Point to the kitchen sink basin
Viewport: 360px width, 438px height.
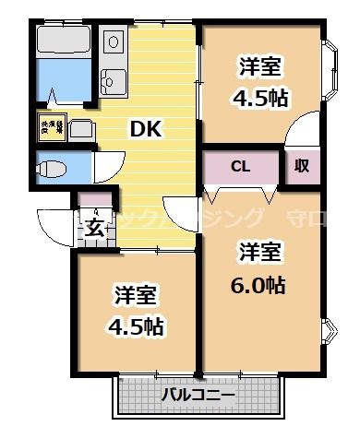point(114,81)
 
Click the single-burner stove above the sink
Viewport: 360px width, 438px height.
point(114,41)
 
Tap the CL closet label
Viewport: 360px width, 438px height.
point(240,167)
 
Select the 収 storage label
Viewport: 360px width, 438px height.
point(302,166)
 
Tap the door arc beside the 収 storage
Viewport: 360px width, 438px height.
point(299,135)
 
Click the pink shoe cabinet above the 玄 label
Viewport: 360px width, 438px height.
point(93,200)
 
